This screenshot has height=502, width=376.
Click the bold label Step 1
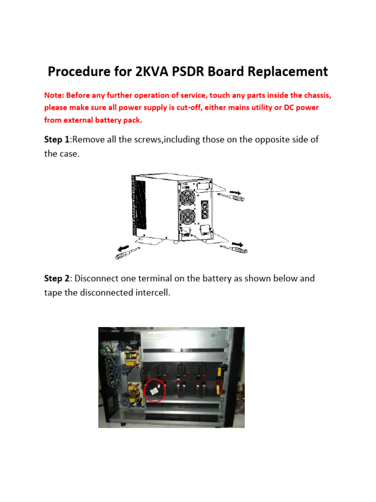point(57,140)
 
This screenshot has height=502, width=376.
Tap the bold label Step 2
point(57,278)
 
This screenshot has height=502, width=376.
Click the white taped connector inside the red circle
point(154,391)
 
